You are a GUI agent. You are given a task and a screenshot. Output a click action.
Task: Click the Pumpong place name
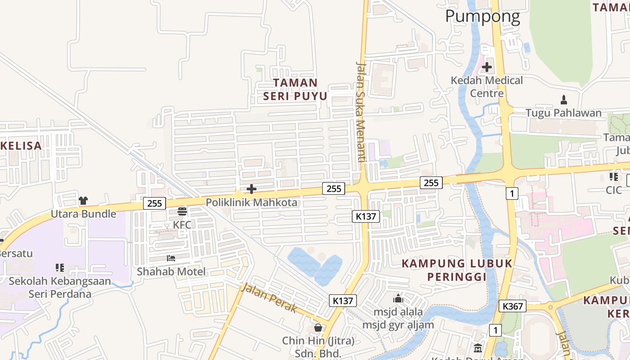[482, 17]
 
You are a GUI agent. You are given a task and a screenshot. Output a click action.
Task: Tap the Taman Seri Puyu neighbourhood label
[295, 90]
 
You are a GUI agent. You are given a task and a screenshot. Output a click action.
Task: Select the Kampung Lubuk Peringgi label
[457, 270]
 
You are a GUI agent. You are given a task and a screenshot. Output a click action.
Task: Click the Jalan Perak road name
[269, 298]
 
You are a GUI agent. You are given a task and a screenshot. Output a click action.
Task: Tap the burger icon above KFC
[182, 211]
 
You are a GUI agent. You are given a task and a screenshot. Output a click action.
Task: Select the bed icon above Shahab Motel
[171, 258]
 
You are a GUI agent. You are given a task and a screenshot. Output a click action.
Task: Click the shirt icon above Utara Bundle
[83, 200]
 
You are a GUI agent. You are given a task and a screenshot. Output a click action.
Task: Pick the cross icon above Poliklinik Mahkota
[252, 189]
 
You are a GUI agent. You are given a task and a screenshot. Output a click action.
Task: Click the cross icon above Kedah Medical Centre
[486, 67]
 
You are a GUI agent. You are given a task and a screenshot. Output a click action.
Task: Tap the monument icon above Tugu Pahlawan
[563, 99]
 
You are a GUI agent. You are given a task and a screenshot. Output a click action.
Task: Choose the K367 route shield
[513, 306]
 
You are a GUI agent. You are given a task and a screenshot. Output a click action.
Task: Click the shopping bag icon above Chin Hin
[318, 328]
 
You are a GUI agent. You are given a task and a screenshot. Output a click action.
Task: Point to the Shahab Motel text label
[171, 271]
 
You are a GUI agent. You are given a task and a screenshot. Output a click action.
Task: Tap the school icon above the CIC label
[613, 177]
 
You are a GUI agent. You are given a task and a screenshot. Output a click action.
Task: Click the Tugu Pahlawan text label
[563, 113]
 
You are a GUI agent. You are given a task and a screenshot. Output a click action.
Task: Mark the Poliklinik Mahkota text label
[252, 202]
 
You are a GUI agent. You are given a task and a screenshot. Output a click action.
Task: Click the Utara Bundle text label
[83, 214]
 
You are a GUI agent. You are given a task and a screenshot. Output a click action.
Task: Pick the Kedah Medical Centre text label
[487, 87]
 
